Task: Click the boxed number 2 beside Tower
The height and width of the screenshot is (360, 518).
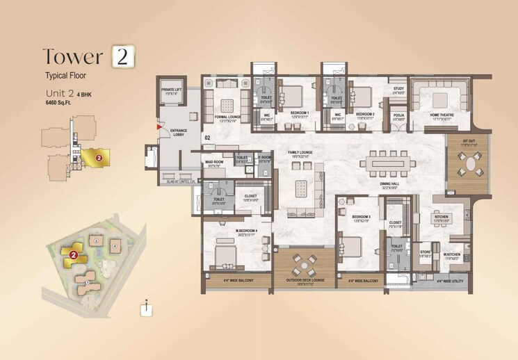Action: tap(122, 57)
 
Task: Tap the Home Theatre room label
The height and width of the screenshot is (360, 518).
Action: tap(441, 116)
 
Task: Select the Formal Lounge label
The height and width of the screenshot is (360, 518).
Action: tap(227, 117)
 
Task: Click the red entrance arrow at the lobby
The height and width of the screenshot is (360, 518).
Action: tap(159, 127)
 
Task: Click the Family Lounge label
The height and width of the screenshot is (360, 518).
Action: tap(303, 152)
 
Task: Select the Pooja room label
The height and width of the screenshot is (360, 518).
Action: tap(398, 116)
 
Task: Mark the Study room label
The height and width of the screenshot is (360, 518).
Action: tap(398, 89)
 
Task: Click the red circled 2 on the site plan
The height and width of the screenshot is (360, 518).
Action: tap(72, 255)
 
